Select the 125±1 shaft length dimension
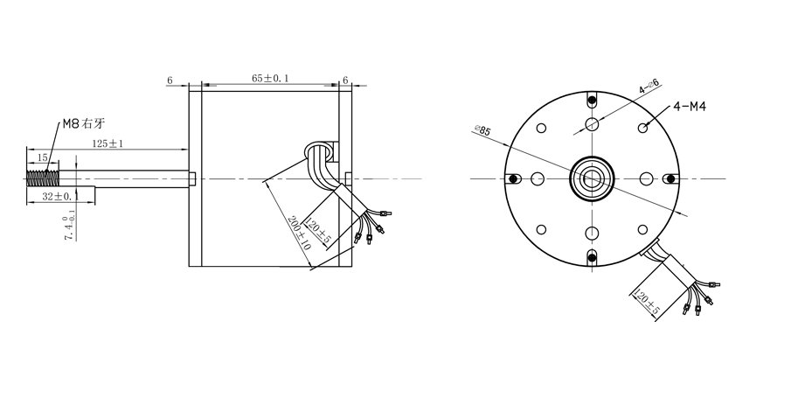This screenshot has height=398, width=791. [x=108, y=143]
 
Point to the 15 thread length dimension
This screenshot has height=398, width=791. [x=42, y=157]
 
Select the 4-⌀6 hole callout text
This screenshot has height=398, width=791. [x=649, y=87]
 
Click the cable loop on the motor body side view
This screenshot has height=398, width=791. [x=322, y=157]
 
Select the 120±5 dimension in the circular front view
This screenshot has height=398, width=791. [x=645, y=304]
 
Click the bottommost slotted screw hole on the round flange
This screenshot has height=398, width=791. [x=593, y=255]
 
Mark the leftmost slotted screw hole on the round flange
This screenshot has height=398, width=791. [x=514, y=178]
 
